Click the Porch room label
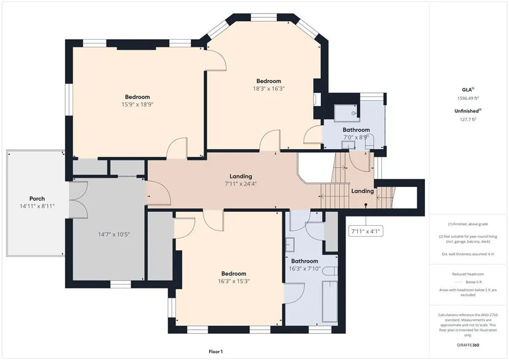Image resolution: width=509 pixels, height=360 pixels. (x=37, y=199)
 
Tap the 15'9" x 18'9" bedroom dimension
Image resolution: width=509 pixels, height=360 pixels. (x=137, y=104)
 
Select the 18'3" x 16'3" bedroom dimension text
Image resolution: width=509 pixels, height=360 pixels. (x=269, y=89)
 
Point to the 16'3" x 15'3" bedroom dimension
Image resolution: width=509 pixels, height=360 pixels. (x=234, y=281)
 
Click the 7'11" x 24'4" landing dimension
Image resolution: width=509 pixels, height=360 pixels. (x=241, y=184)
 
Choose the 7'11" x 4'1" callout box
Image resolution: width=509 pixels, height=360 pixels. (x=366, y=232)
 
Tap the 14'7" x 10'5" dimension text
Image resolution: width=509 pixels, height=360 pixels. (x=114, y=234)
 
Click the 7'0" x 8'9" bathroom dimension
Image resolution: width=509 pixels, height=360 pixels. (x=356, y=137)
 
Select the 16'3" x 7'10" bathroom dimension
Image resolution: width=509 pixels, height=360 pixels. (x=304, y=269)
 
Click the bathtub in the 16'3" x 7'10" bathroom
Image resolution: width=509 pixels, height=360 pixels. (x=329, y=301)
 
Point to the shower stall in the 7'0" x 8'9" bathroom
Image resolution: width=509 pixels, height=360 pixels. (x=347, y=113)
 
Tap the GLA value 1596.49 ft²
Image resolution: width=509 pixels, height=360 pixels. (x=468, y=98)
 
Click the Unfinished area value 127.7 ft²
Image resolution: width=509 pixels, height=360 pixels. (x=468, y=119)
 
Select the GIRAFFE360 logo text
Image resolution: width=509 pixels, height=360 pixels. (x=468, y=345)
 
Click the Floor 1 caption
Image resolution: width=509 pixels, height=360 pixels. (x=215, y=351)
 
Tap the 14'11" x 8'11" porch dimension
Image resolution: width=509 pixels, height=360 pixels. (x=37, y=206)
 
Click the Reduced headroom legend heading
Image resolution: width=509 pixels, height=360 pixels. (x=468, y=274)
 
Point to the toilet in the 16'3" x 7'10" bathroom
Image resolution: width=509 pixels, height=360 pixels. (x=331, y=271)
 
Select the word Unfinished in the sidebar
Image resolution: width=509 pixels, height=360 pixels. (x=467, y=111)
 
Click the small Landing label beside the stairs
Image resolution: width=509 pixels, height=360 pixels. (x=362, y=191)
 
